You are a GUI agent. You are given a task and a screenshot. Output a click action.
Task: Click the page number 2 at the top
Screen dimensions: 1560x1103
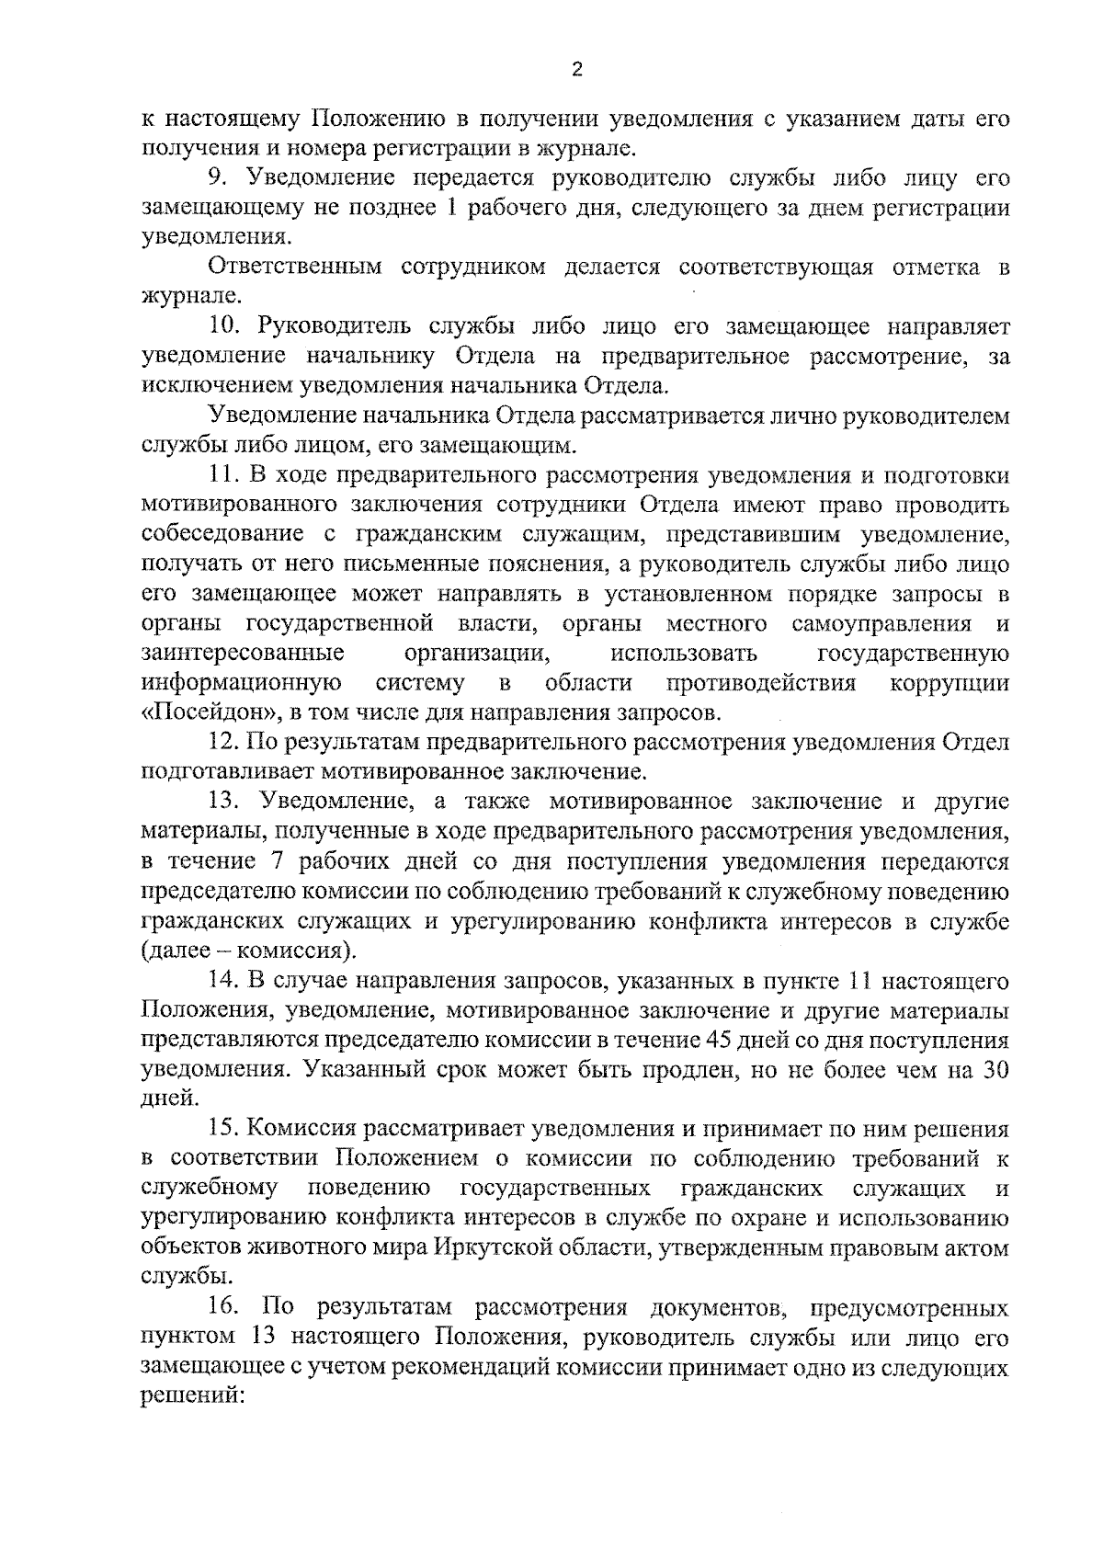coord(576,71)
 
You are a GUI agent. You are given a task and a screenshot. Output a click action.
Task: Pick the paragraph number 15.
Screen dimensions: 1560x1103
coord(224,1129)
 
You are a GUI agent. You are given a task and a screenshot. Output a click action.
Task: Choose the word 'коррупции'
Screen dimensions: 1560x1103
coord(950,683)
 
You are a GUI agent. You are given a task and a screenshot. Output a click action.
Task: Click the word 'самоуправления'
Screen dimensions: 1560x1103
coord(881,624)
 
